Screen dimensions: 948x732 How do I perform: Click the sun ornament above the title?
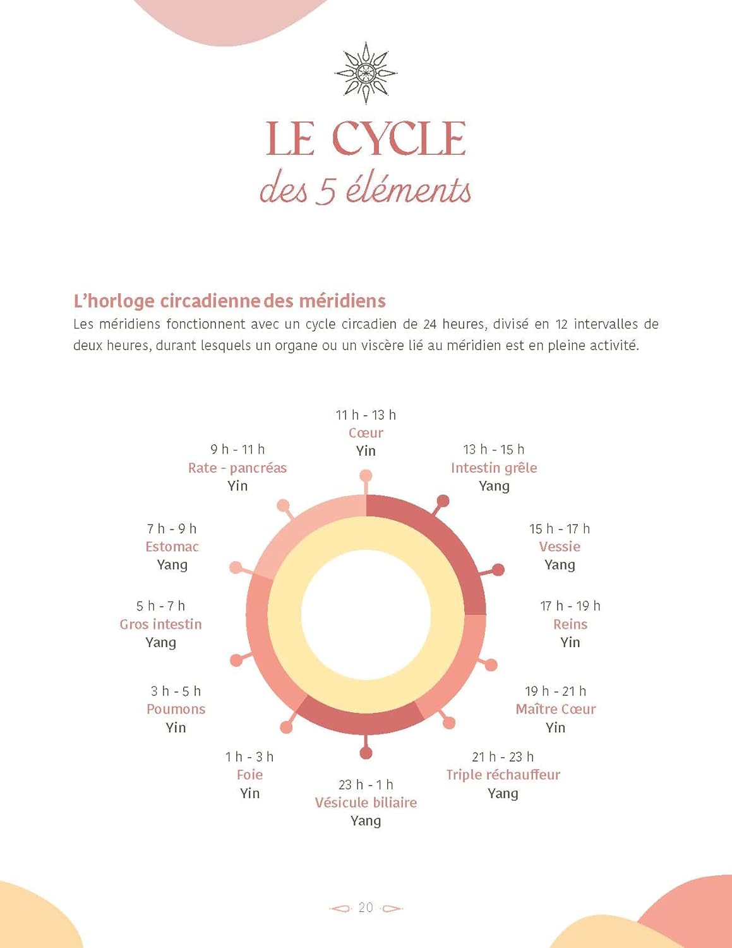click(366, 73)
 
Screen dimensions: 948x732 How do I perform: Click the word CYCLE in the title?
click(399, 139)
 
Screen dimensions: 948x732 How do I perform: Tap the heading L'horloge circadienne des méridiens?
click(229, 301)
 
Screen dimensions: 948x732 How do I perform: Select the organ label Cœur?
click(366, 433)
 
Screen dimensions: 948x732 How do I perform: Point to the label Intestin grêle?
click(494, 468)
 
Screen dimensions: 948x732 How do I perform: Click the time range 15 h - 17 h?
click(560, 528)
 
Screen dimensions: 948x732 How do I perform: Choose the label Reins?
click(570, 624)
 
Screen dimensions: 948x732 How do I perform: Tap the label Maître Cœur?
click(555, 709)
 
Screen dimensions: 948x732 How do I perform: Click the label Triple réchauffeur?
click(503, 775)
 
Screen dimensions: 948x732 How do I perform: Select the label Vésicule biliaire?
click(366, 803)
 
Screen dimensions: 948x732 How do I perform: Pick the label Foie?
click(249, 775)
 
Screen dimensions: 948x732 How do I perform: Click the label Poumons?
click(176, 709)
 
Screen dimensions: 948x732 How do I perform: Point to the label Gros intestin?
click(160, 624)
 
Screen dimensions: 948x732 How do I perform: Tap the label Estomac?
click(172, 547)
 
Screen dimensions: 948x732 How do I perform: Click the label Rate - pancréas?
click(237, 468)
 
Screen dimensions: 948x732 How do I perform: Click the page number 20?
click(366, 908)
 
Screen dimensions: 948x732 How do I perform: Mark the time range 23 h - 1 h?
click(366, 785)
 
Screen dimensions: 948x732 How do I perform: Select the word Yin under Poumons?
click(176, 727)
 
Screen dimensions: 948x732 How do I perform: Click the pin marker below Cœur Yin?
click(366, 476)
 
